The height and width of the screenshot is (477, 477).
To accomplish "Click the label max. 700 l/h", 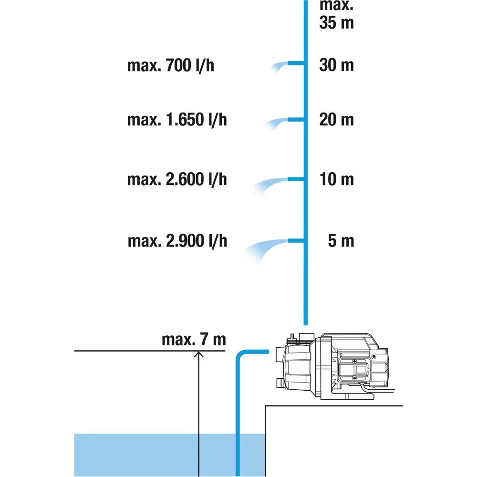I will (170, 65).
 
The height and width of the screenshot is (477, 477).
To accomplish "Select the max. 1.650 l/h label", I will (176, 120).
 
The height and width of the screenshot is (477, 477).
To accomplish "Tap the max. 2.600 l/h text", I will (176, 180).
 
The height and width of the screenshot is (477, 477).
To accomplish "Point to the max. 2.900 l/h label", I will (177, 241).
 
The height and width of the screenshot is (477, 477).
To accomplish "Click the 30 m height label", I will (336, 65).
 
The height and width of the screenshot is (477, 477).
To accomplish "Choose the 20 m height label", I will (336, 119).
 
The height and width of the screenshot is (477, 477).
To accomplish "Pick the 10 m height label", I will (336, 179).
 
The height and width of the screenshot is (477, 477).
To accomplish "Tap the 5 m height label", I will (341, 241).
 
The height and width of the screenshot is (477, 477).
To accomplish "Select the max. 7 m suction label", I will (193, 340).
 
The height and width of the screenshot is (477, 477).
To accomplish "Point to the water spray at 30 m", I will (280, 67).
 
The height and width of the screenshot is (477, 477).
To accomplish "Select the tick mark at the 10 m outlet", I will (296, 179).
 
